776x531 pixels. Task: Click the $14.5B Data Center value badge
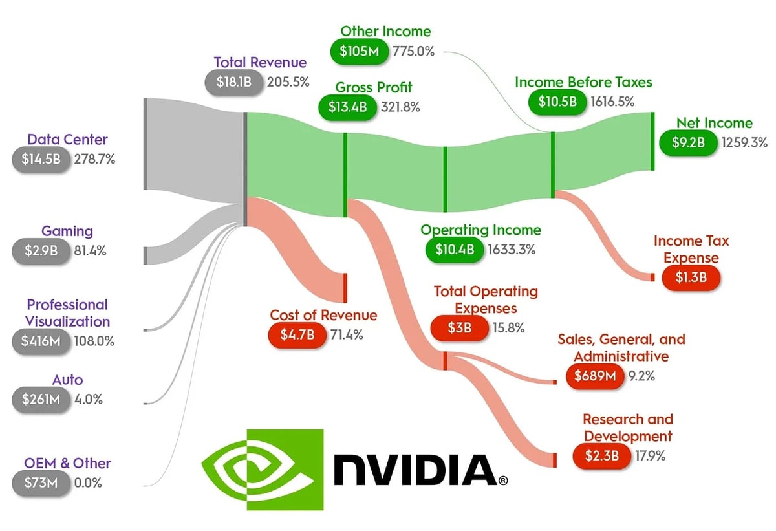(40, 160)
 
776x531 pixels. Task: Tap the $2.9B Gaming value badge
(40, 252)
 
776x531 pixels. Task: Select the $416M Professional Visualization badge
(40, 341)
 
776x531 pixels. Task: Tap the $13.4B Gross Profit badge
(348, 107)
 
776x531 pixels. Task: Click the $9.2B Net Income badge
(687, 142)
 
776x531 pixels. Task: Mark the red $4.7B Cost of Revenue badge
(296, 335)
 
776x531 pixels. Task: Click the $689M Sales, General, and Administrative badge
(594, 376)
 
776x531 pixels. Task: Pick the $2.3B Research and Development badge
(601, 457)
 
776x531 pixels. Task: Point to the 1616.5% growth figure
(612, 102)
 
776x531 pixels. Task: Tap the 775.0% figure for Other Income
(413, 51)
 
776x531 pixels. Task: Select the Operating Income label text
(480, 230)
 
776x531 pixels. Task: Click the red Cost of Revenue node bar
(345, 288)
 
